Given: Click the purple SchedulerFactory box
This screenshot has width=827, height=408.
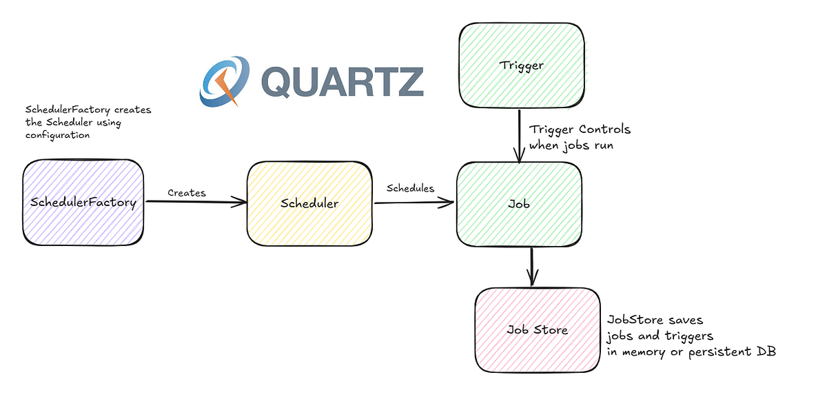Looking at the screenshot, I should [x=83, y=203].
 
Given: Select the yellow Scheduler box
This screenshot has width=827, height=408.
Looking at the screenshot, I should [x=309, y=203].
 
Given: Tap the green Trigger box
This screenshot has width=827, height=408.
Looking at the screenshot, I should [x=522, y=65].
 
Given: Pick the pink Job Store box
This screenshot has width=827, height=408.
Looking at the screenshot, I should [x=537, y=329].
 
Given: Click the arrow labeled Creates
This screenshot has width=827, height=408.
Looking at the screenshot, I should [x=196, y=202].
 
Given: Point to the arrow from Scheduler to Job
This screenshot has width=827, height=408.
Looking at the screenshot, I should [x=413, y=203].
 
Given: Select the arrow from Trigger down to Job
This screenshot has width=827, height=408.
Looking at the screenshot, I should [x=518, y=134].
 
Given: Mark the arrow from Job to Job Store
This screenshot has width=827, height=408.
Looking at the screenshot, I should [x=532, y=266].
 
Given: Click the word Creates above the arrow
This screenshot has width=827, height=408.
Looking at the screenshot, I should [x=187, y=193].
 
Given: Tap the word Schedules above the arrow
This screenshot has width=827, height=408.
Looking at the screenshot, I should [x=411, y=188].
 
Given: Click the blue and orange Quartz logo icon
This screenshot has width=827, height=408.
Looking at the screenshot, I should [x=224, y=81].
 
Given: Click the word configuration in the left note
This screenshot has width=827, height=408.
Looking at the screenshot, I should [x=57, y=135].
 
